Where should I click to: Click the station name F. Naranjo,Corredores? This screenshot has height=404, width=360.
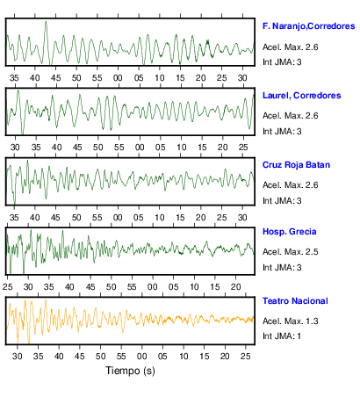click(309, 26)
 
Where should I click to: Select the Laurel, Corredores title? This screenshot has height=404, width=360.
click(302, 96)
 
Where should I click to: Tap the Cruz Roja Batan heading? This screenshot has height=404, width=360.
click(296, 165)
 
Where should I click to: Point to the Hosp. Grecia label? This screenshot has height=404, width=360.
click(290, 232)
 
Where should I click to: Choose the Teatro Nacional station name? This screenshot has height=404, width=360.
click(295, 301)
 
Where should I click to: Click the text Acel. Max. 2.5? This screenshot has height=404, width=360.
click(291, 252)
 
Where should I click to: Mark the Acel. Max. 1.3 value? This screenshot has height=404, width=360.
click(291, 321)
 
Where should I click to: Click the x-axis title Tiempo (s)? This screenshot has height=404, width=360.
click(130, 371)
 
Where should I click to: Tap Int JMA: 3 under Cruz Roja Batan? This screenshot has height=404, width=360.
click(282, 201)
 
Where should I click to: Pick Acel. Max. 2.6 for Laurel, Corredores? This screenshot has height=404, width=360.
click(291, 116)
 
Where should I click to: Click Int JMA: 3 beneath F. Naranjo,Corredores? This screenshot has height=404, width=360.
click(282, 62)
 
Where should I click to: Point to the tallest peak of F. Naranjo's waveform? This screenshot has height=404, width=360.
click(46, 21)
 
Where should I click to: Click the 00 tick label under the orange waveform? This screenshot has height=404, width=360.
click(142, 357)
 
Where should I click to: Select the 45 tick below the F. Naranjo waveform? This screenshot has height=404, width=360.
click(55, 78)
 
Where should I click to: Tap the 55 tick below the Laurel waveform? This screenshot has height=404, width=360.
click(119, 148)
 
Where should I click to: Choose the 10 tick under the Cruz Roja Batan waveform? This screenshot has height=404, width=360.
click(160, 218)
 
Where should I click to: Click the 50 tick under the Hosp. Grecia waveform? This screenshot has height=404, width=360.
click(112, 287)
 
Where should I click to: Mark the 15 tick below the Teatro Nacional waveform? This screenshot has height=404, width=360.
click(205, 357)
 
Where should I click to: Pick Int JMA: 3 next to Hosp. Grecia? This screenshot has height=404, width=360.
click(282, 268)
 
